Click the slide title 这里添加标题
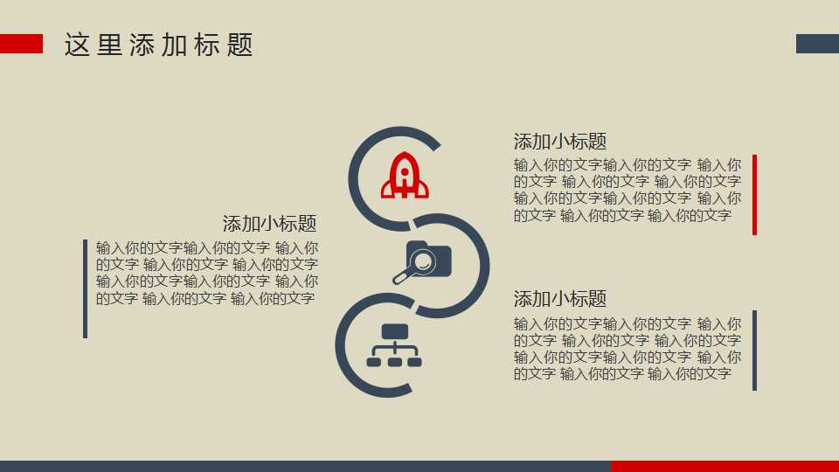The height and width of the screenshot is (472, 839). (x=159, y=45)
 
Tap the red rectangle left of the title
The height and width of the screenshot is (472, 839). (x=21, y=44)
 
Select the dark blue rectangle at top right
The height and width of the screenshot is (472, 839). (x=817, y=44)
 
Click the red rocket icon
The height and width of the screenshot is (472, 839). (x=405, y=175)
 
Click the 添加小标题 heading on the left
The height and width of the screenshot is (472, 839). (x=269, y=224)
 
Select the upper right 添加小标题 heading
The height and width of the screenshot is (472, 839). (x=560, y=142)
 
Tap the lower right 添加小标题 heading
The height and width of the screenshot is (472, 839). (x=560, y=299)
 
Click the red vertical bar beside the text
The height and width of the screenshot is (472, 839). (x=754, y=195)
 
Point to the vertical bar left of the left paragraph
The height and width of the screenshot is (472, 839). (x=85, y=288)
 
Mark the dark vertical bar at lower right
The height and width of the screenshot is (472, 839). (x=754, y=351)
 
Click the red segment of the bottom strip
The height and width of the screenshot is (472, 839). (x=725, y=466)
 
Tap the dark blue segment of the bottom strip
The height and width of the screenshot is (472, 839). (x=305, y=466)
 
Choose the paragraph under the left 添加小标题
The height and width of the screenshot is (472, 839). (x=207, y=273)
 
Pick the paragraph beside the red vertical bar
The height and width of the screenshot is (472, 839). (x=627, y=190)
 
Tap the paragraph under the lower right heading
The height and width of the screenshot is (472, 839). (x=627, y=348)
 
